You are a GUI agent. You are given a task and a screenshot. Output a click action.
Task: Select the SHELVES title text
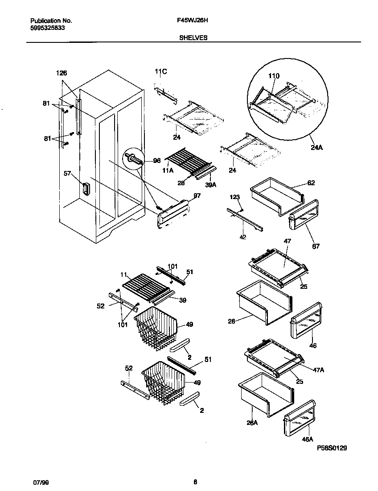tap(193, 38)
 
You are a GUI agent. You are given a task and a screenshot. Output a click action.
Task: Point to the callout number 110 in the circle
tap(274, 76)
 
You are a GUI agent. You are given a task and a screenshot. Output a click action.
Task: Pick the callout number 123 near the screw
tap(235, 197)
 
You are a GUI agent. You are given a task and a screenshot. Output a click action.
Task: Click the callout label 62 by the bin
tap(311, 183)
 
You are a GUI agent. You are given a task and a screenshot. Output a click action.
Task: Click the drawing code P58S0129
tap(332, 447)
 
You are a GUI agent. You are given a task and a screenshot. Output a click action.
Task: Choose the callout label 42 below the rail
tap(242, 237)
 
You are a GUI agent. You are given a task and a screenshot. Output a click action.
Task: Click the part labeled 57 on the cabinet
tap(86, 189)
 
